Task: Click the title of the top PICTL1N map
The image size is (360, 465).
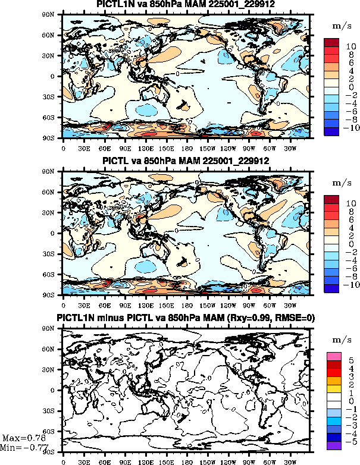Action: [186, 5]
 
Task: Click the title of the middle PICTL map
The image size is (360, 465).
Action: [186, 161]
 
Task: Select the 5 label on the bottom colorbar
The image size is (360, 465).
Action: [351, 360]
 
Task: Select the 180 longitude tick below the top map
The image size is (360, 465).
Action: [187, 144]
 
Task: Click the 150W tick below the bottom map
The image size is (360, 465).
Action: [208, 460]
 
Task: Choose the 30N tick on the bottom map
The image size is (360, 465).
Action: [54, 369]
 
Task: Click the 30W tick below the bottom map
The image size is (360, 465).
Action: [290, 460]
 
